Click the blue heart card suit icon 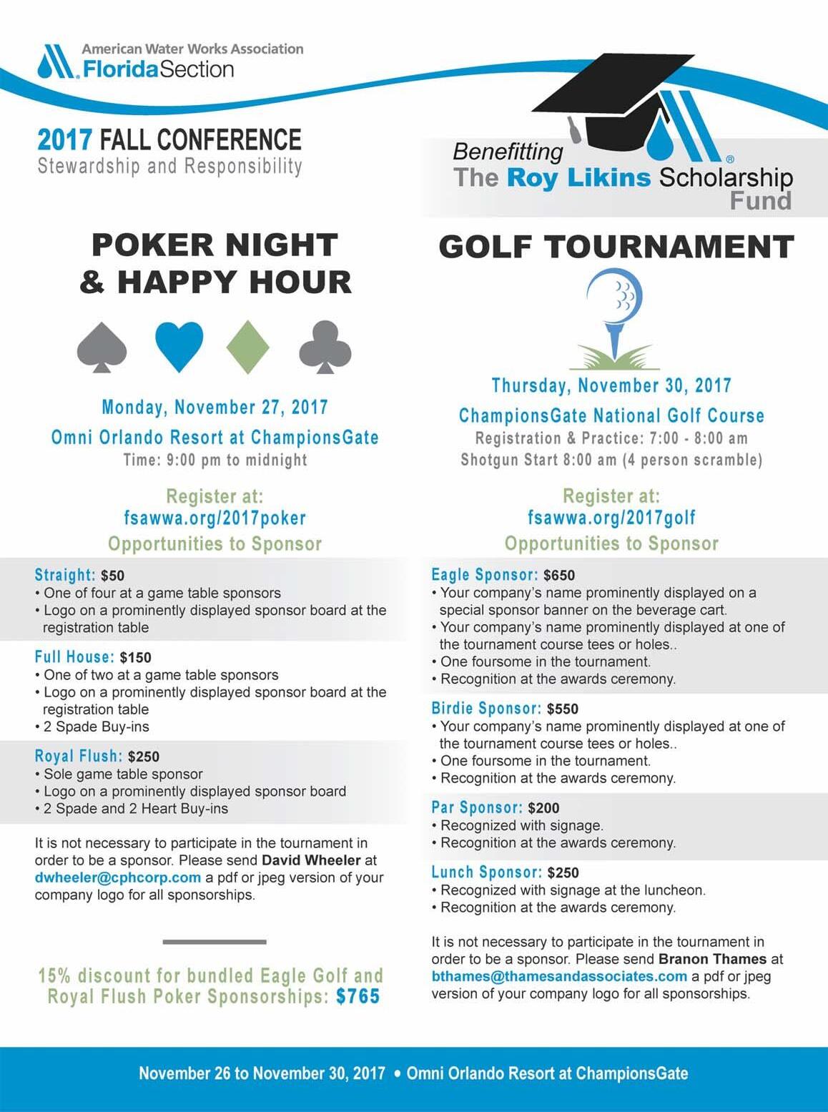point(179,346)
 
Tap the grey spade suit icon point(102,347)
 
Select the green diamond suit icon point(247,347)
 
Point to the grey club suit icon point(325,347)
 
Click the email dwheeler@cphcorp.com point(118,877)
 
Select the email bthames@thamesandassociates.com point(559,976)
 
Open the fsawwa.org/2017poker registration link point(215,518)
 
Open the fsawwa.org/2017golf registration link point(611,517)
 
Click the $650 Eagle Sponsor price point(559,576)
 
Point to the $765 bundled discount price point(358,996)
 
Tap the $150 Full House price point(136,658)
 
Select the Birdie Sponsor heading point(486,709)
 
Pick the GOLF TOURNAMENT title point(616,247)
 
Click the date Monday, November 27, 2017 point(215,408)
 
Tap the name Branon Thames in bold point(712,959)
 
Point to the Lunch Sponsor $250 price point(563,873)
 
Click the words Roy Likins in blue point(578,177)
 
